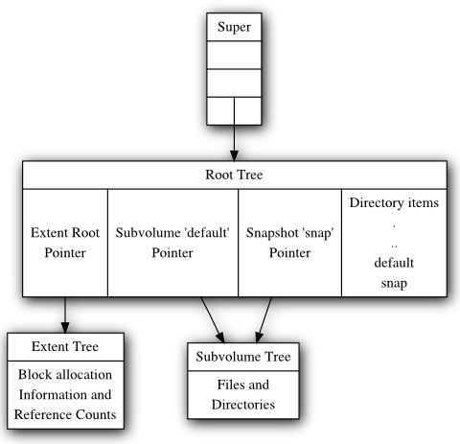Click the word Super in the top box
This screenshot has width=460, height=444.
coord(234,27)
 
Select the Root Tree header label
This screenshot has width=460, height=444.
coord(234,175)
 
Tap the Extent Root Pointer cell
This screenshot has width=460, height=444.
coord(65,243)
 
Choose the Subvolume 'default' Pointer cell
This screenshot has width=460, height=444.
coord(172,243)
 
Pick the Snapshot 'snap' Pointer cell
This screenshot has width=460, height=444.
coord(289,243)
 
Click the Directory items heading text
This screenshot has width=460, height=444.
coord(394,203)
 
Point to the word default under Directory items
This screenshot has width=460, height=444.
coord(394,263)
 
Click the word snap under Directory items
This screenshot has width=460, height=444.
coord(394,284)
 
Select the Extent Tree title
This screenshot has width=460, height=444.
coord(65,346)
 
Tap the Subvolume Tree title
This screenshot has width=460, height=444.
coord(243,357)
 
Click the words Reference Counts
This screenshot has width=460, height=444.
coord(65,414)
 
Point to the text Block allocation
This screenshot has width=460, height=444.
coord(65,375)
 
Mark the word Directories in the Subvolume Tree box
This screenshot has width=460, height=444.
coord(243,405)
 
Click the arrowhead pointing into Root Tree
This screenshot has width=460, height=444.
coord(234,155)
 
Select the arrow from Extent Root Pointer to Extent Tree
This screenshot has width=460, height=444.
coord(65,315)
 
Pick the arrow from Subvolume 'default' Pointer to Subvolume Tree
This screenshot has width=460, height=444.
coord(213,320)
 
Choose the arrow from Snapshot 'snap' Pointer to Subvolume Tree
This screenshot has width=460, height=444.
coord(264,320)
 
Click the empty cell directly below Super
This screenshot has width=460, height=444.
coord(234,55)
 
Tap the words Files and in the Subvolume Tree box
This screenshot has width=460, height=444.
coord(243,385)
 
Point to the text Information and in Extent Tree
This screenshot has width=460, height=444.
coord(65,395)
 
